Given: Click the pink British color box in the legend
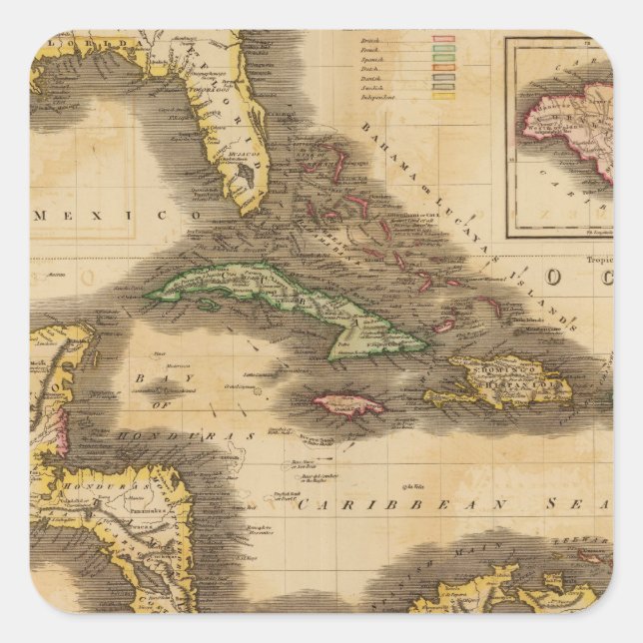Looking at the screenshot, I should pyautogui.click(x=443, y=39).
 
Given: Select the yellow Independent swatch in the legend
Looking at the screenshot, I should pyautogui.click(x=443, y=96).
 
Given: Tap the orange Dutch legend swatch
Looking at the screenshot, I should pyautogui.click(x=443, y=67).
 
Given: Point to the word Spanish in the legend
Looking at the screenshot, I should pyautogui.click(x=372, y=59).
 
